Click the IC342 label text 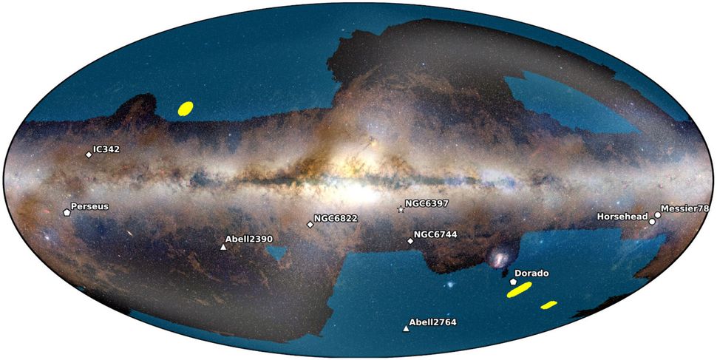point(107,149)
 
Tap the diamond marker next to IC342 point(89,154)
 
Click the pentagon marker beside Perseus point(67,211)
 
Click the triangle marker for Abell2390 point(223,247)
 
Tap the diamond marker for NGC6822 point(310,224)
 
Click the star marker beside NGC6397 point(401,210)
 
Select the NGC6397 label point(427,203)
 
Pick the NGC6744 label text point(436,234)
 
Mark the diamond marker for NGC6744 point(410,241)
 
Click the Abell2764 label point(433,322)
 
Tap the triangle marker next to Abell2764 point(405,328)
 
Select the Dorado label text point(531,274)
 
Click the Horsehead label point(622,216)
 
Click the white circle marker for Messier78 point(657,215)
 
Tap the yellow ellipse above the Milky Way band point(186,109)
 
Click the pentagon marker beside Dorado point(513,282)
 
